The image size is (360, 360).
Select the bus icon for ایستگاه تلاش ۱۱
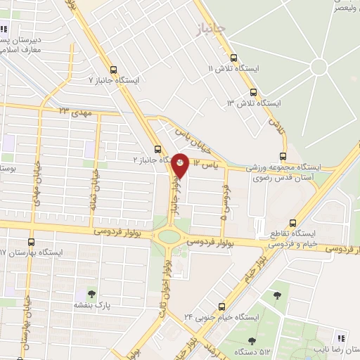tap(233, 58)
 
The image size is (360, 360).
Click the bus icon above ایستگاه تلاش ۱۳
tap(252, 92)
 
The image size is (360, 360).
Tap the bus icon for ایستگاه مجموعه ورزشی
tap(283, 156)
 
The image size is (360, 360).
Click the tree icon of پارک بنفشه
tap(90, 293)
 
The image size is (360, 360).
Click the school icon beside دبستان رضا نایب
tap(342, 335)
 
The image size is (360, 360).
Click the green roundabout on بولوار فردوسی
tap(169, 236)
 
